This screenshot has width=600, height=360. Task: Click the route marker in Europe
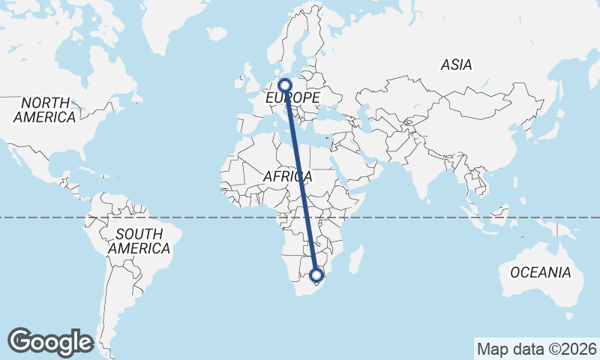click(285, 85)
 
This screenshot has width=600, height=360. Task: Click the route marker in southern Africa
click(316, 275)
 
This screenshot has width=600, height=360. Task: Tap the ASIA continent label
click(456, 65)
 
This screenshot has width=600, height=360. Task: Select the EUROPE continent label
click(292, 98)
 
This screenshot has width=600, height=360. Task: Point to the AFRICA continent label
click(287, 176)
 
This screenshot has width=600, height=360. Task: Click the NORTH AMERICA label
click(45, 109)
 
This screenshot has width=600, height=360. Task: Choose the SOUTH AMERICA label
click(139, 241)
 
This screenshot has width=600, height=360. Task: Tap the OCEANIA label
click(540, 272)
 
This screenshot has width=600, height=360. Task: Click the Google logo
click(50, 341)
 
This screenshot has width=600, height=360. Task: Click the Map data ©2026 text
click(536, 349)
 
